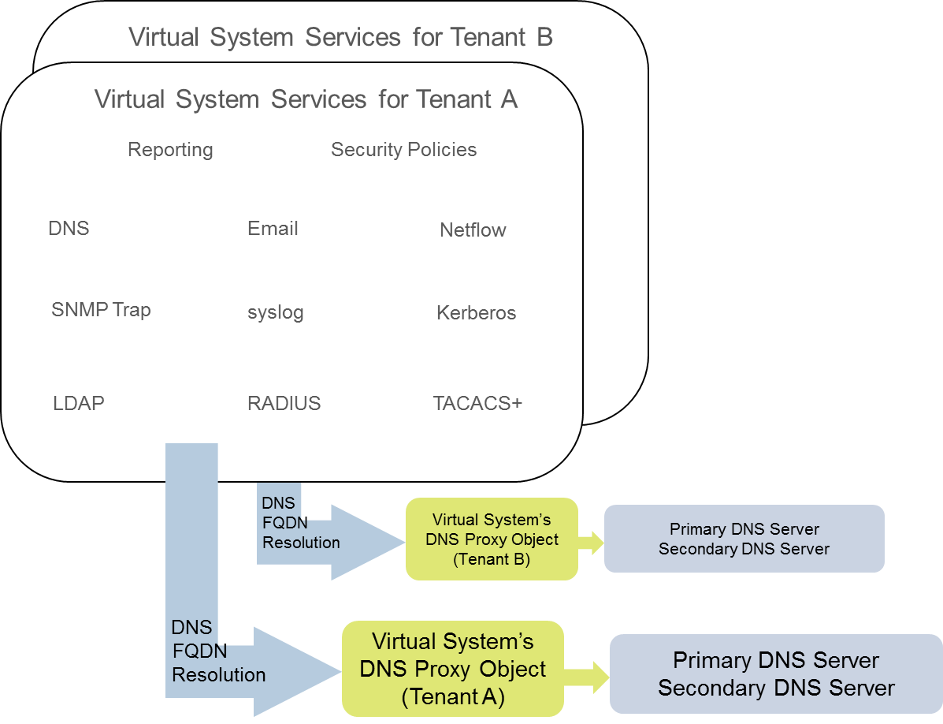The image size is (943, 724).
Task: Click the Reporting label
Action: [x=170, y=150]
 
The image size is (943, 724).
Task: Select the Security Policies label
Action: [x=403, y=150]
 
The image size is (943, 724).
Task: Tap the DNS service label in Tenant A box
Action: [x=69, y=229]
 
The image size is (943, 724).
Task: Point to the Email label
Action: [x=273, y=229]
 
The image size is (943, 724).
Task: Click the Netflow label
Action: [x=473, y=230]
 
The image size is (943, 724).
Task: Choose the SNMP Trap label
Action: [x=101, y=310]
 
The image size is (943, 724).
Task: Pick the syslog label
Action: [x=275, y=313]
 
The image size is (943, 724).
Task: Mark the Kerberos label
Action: [x=476, y=313]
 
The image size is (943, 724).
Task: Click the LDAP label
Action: [x=79, y=404]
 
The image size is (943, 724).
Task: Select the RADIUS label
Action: [x=284, y=404]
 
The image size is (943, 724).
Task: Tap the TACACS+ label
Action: [x=477, y=404]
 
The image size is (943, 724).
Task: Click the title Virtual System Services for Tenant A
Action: [x=306, y=100]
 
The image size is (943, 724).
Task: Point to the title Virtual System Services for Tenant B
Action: [x=340, y=37]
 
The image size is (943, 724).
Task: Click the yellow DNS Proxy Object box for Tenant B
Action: [x=492, y=539]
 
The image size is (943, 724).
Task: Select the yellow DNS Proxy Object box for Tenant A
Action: [x=453, y=669]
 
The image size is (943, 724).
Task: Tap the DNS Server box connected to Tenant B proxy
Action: [x=744, y=539]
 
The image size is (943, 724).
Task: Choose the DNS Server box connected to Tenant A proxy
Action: [x=776, y=674]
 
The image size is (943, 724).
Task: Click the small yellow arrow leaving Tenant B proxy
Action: [x=590, y=541]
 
